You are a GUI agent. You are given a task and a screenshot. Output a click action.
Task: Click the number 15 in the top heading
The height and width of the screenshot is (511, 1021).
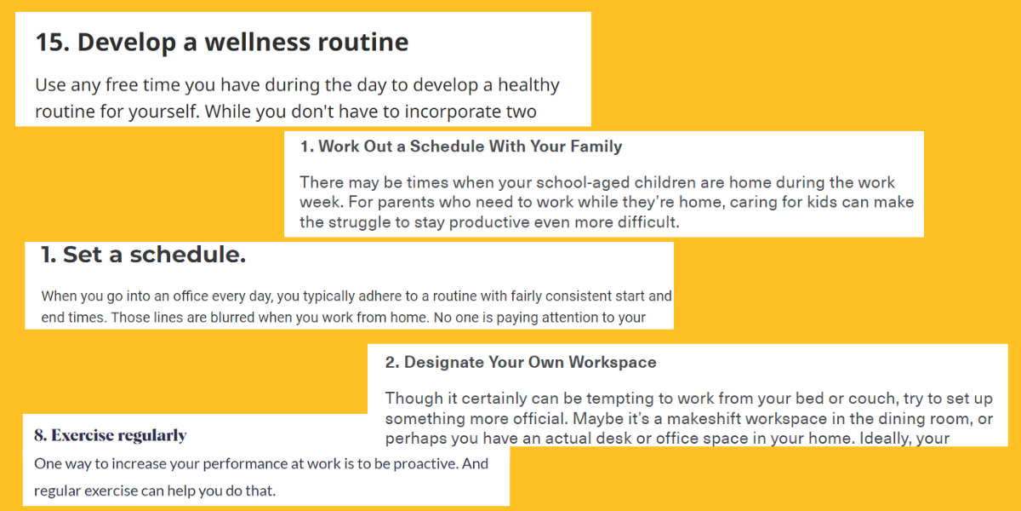[53, 43]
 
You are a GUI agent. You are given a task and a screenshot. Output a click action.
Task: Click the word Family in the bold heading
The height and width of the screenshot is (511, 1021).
[596, 146]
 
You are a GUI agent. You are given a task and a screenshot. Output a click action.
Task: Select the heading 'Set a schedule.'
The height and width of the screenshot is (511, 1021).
[143, 255]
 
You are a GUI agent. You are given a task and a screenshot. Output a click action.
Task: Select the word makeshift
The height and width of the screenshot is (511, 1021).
[704, 418]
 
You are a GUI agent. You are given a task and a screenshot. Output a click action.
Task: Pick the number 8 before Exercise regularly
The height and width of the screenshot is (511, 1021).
[41, 436]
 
